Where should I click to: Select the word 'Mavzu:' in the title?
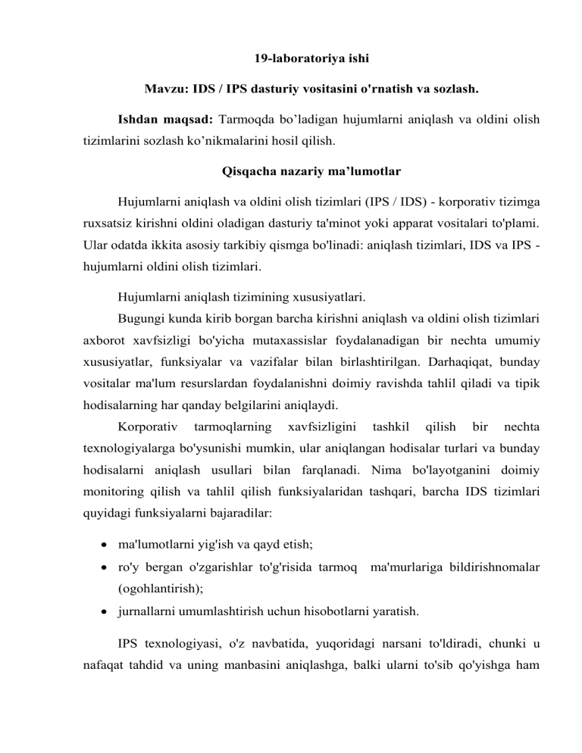point(163,88)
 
